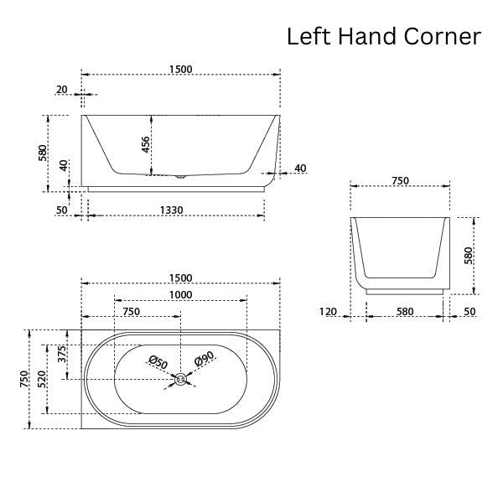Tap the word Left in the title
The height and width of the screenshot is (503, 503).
click(x=307, y=36)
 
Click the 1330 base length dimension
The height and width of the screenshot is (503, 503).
click(x=171, y=210)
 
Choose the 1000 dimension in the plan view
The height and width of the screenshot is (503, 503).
click(x=180, y=294)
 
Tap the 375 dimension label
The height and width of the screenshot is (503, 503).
click(x=61, y=355)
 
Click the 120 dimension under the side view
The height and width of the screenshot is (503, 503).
click(x=329, y=312)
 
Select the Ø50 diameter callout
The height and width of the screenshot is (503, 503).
click(x=158, y=362)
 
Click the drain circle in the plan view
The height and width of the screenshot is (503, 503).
click(x=180, y=380)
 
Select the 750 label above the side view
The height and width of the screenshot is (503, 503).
click(x=400, y=180)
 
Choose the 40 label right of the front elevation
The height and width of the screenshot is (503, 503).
click(x=300, y=169)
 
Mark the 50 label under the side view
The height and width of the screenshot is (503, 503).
click(x=469, y=312)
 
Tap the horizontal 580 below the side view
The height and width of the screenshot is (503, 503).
click(x=405, y=312)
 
